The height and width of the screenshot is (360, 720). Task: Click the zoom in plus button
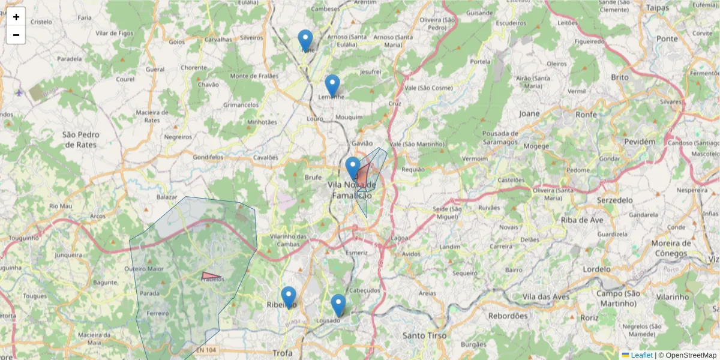click(x=16, y=17)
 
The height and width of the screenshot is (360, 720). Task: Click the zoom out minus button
click(x=16, y=35)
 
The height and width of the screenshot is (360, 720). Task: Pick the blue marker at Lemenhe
click(x=332, y=86)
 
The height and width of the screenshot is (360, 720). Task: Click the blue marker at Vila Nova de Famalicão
click(x=353, y=168)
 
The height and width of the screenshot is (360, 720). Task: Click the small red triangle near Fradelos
click(x=210, y=277)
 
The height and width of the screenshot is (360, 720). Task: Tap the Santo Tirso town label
click(x=424, y=335)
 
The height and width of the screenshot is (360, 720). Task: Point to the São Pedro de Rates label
click(x=81, y=139)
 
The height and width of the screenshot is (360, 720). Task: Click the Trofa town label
click(x=282, y=353)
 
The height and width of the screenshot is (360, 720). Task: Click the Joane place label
click(x=529, y=113)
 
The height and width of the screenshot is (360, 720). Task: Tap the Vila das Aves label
click(x=545, y=297)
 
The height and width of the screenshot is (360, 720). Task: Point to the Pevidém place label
click(x=639, y=142)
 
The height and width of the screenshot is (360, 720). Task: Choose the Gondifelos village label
click(x=208, y=157)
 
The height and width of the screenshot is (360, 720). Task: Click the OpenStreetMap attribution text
click(x=691, y=355)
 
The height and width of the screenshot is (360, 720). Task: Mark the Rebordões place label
click(x=508, y=316)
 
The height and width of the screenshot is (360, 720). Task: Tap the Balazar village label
click(x=167, y=197)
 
